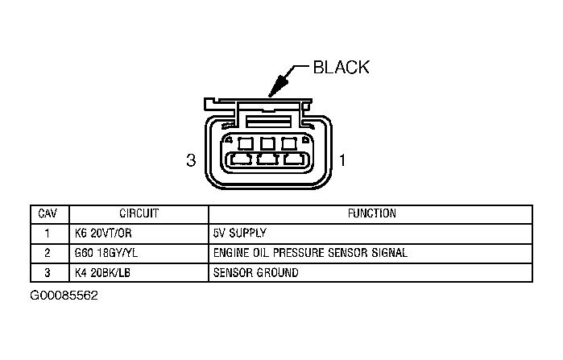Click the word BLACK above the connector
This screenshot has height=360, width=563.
(341, 68)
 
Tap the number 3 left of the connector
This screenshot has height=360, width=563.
(191, 160)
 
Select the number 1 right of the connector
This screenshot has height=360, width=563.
(342, 160)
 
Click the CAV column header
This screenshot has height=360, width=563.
(47, 214)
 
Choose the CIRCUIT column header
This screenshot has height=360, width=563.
(139, 214)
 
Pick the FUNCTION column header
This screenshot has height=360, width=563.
(371, 214)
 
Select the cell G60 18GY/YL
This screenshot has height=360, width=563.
(103, 253)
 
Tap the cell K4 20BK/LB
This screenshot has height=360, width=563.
(100, 272)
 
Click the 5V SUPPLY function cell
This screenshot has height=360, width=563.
(240, 234)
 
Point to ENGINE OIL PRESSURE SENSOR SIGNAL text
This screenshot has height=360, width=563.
(310, 253)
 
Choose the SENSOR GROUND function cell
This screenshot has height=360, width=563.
(256, 272)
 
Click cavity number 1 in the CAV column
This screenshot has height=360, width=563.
(47, 234)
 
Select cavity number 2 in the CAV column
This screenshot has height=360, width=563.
(47, 253)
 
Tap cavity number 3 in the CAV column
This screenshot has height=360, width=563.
(47, 272)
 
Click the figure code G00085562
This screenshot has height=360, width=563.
(64, 296)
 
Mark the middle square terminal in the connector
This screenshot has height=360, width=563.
(267, 144)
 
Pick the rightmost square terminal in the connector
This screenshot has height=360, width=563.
(288, 144)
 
